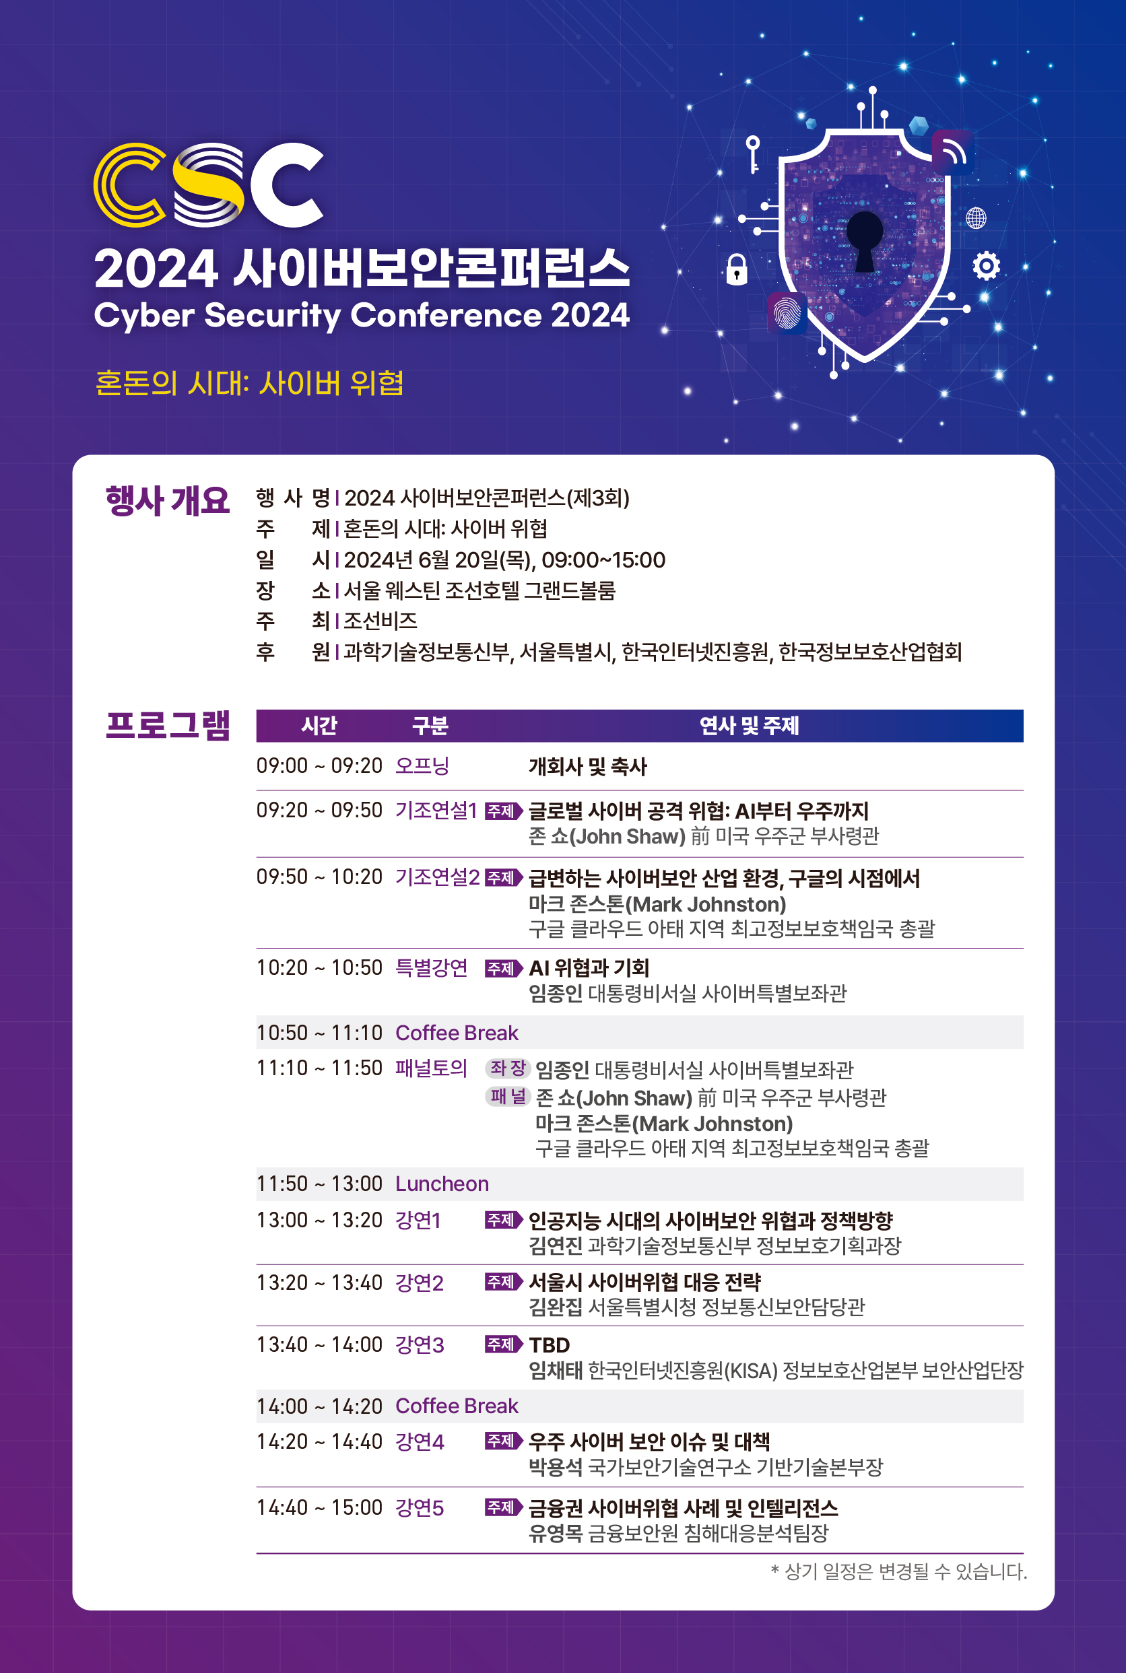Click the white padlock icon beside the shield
click(737, 270)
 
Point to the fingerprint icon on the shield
click(787, 313)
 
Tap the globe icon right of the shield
click(976, 217)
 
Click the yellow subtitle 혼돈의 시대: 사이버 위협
click(249, 383)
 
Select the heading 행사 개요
click(167, 500)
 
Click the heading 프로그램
click(167, 725)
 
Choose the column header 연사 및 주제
click(749, 726)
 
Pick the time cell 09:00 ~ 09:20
click(320, 765)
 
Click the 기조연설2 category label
click(437, 877)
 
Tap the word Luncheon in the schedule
click(442, 1184)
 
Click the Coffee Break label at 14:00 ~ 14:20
click(457, 1406)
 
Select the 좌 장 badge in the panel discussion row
click(508, 1068)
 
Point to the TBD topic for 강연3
click(550, 1345)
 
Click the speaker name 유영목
click(555, 1534)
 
